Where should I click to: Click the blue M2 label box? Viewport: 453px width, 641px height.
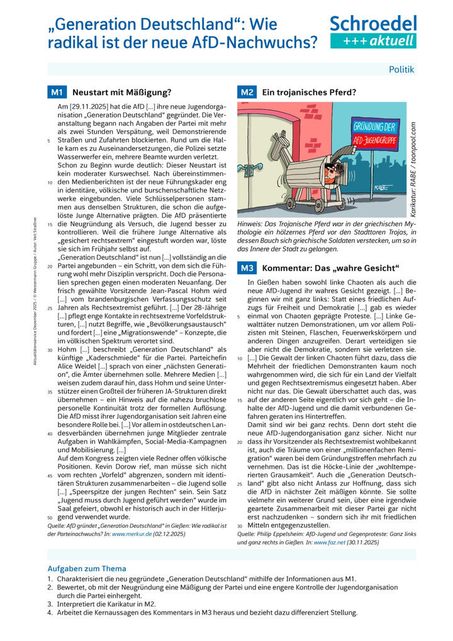point(246,92)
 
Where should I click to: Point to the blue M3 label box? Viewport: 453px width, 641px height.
point(246,268)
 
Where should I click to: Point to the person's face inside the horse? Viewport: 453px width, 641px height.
point(333,170)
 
